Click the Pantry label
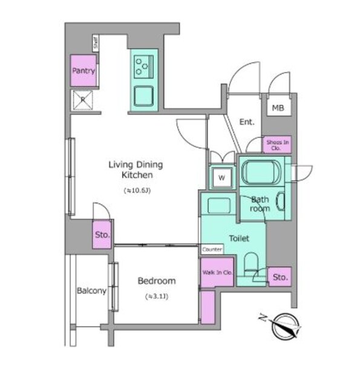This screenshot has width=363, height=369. click(83, 71)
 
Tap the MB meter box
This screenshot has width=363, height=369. click(277, 108)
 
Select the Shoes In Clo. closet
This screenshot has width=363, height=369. click(278, 145)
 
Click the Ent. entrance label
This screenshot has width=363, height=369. click(247, 122)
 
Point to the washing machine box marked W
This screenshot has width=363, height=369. click(221, 178)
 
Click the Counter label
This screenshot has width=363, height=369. click(212, 249)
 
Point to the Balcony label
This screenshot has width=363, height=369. click(91, 291)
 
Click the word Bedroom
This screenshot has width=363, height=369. click(156, 281)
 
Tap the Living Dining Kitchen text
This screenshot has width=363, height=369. click(136, 169)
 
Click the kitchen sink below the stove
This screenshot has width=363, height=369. click(144, 96)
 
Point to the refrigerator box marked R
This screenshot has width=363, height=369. click(82, 99)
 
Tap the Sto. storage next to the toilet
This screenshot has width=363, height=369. click(280, 277)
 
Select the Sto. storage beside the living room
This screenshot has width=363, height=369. click(102, 235)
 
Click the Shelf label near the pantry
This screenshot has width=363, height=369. click(96, 42)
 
